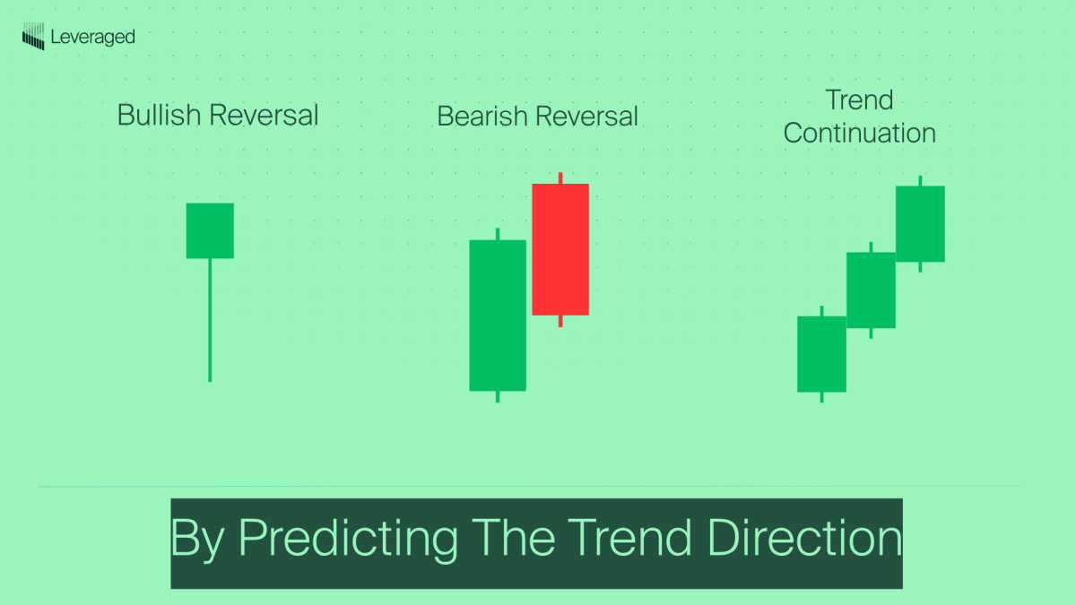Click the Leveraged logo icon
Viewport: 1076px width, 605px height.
pyautogui.click(x=33, y=38)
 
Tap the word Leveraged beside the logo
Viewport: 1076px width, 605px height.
pyautogui.click(x=93, y=37)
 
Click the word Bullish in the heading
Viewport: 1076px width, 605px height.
pyautogui.click(x=160, y=115)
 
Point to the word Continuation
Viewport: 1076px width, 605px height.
pyautogui.click(x=859, y=134)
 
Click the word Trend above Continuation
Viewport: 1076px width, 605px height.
pyautogui.click(x=859, y=99)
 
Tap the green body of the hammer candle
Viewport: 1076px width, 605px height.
pyautogui.click(x=210, y=230)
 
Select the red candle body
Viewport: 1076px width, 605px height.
pyautogui.click(x=560, y=249)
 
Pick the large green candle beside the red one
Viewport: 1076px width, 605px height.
pyautogui.click(x=498, y=315)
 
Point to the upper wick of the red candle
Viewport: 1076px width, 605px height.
pyautogui.click(x=560, y=178)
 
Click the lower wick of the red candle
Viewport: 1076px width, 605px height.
pyautogui.click(x=560, y=321)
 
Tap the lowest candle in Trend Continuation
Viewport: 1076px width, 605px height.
pyautogui.click(x=821, y=354)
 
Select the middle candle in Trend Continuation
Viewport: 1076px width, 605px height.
pyautogui.click(x=871, y=290)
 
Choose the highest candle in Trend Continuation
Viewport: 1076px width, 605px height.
pyautogui.click(x=920, y=224)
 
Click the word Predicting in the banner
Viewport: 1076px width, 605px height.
pyautogui.click(x=348, y=539)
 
